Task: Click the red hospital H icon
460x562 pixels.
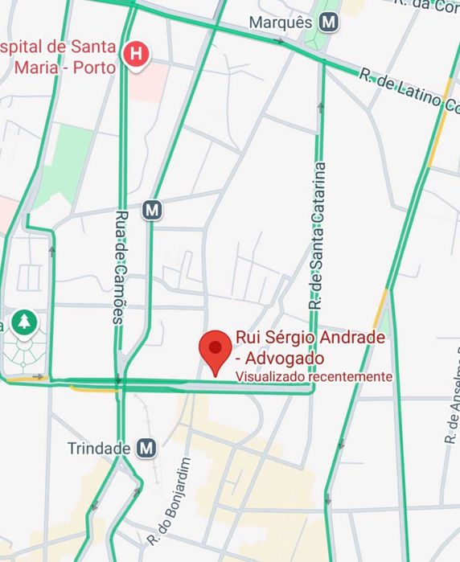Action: pos(138,55)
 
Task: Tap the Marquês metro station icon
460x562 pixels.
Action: pos(327,23)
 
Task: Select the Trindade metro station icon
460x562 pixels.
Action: pos(146,448)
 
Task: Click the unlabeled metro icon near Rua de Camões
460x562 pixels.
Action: pos(152,211)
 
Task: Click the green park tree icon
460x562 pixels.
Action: pos(25,323)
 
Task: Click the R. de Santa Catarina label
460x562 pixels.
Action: pos(318,237)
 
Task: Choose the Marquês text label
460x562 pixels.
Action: pos(280,23)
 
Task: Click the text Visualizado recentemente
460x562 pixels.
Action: pos(314,376)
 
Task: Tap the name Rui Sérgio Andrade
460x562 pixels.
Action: pos(310,338)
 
